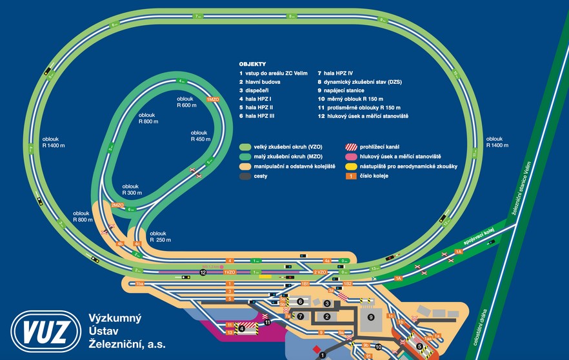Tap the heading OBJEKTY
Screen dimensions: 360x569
[x=252, y=65]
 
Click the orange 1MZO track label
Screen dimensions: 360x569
[x=213, y=99]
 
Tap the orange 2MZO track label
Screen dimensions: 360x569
[x=117, y=205]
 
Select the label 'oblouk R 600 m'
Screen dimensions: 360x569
[x=187, y=102]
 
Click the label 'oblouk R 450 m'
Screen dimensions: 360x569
[x=201, y=135]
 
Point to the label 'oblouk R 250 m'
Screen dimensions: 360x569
[x=160, y=236]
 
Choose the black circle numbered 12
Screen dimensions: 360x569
[x=203, y=272]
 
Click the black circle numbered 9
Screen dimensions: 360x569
[x=370, y=317]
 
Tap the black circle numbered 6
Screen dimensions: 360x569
[x=300, y=301]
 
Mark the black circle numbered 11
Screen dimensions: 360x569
[x=267, y=321]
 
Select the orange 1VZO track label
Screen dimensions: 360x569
[x=230, y=272]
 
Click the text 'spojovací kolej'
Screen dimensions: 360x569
[x=477, y=237]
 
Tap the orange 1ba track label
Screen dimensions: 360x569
[x=139, y=283]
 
